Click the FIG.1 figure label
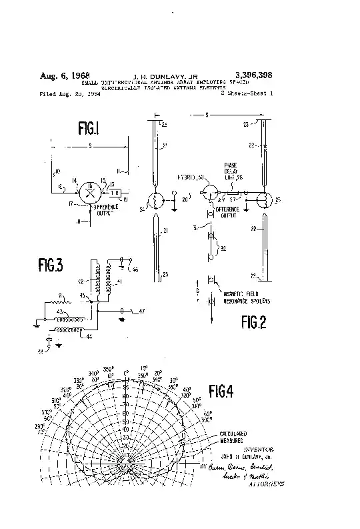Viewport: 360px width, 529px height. pyautogui.click(x=87, y=129)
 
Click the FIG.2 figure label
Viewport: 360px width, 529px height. pyautogui.click(x=253, y=323)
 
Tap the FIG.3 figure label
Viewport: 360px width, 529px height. pyautogui.click(x=50, y=266)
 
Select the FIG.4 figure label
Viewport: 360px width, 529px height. pyautogui.click(x=221, y=392)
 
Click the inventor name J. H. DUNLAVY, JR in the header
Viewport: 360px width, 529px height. pyautogui.click(x=158, y=77)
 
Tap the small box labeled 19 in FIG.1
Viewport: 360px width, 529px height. pyautogui.click(x=114, y=193)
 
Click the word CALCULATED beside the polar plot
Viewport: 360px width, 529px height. pyautogui.click(x=233, y=434)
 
